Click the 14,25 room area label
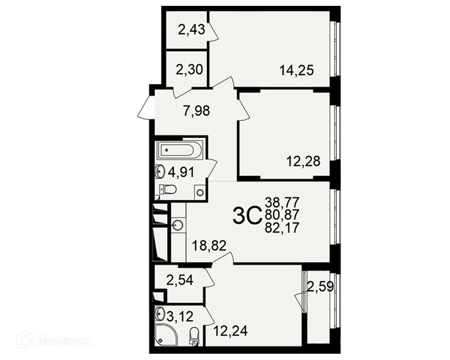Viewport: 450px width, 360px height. coord(297,70)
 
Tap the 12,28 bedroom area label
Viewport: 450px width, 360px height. coord(303,162)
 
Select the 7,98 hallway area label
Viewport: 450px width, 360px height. coord(197,111)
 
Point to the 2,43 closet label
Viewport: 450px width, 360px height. coord(191,29)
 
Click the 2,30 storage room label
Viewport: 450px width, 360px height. coord(189,69)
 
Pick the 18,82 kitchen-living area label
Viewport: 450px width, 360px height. coord(209,246)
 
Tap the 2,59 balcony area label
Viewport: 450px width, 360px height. coord(320,287)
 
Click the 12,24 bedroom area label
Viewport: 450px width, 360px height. coord(230,331)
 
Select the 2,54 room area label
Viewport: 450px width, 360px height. coord(180,280)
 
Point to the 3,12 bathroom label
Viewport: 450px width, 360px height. coord(180,317)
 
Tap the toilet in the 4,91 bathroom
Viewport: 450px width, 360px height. coord(168,189)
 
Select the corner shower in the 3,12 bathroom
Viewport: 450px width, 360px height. coord(164,334)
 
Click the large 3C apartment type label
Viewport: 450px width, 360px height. coord(247,217)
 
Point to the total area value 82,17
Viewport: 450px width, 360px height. coord(282,228)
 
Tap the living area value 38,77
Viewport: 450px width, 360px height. coord(282,202)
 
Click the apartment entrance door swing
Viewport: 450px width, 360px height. coord(146,107)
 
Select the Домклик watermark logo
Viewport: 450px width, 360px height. coord(54,341)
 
